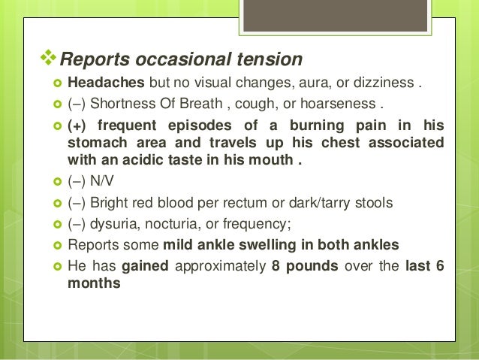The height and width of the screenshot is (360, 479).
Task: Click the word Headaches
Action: point(107,81)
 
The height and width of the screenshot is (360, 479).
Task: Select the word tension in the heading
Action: point(267,59)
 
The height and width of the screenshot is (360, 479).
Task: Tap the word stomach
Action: point(95,142)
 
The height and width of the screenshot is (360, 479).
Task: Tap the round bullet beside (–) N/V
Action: point(57,183)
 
